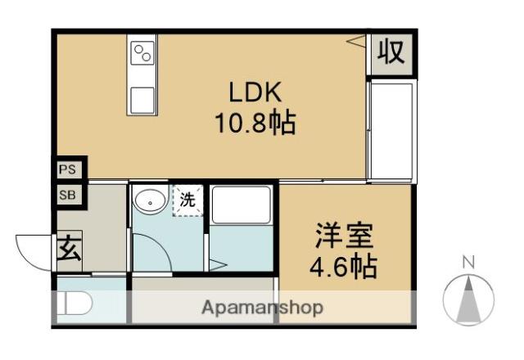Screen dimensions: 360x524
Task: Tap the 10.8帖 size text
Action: tap(255, 124)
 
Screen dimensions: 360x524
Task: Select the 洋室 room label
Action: tap(345, 237)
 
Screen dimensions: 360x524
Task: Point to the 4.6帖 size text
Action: tap(345, 268)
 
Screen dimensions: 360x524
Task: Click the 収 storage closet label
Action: tap(391, 53)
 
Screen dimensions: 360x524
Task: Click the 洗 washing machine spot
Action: tap(187, 199)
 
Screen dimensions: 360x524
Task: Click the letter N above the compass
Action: tap(469, 263)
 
